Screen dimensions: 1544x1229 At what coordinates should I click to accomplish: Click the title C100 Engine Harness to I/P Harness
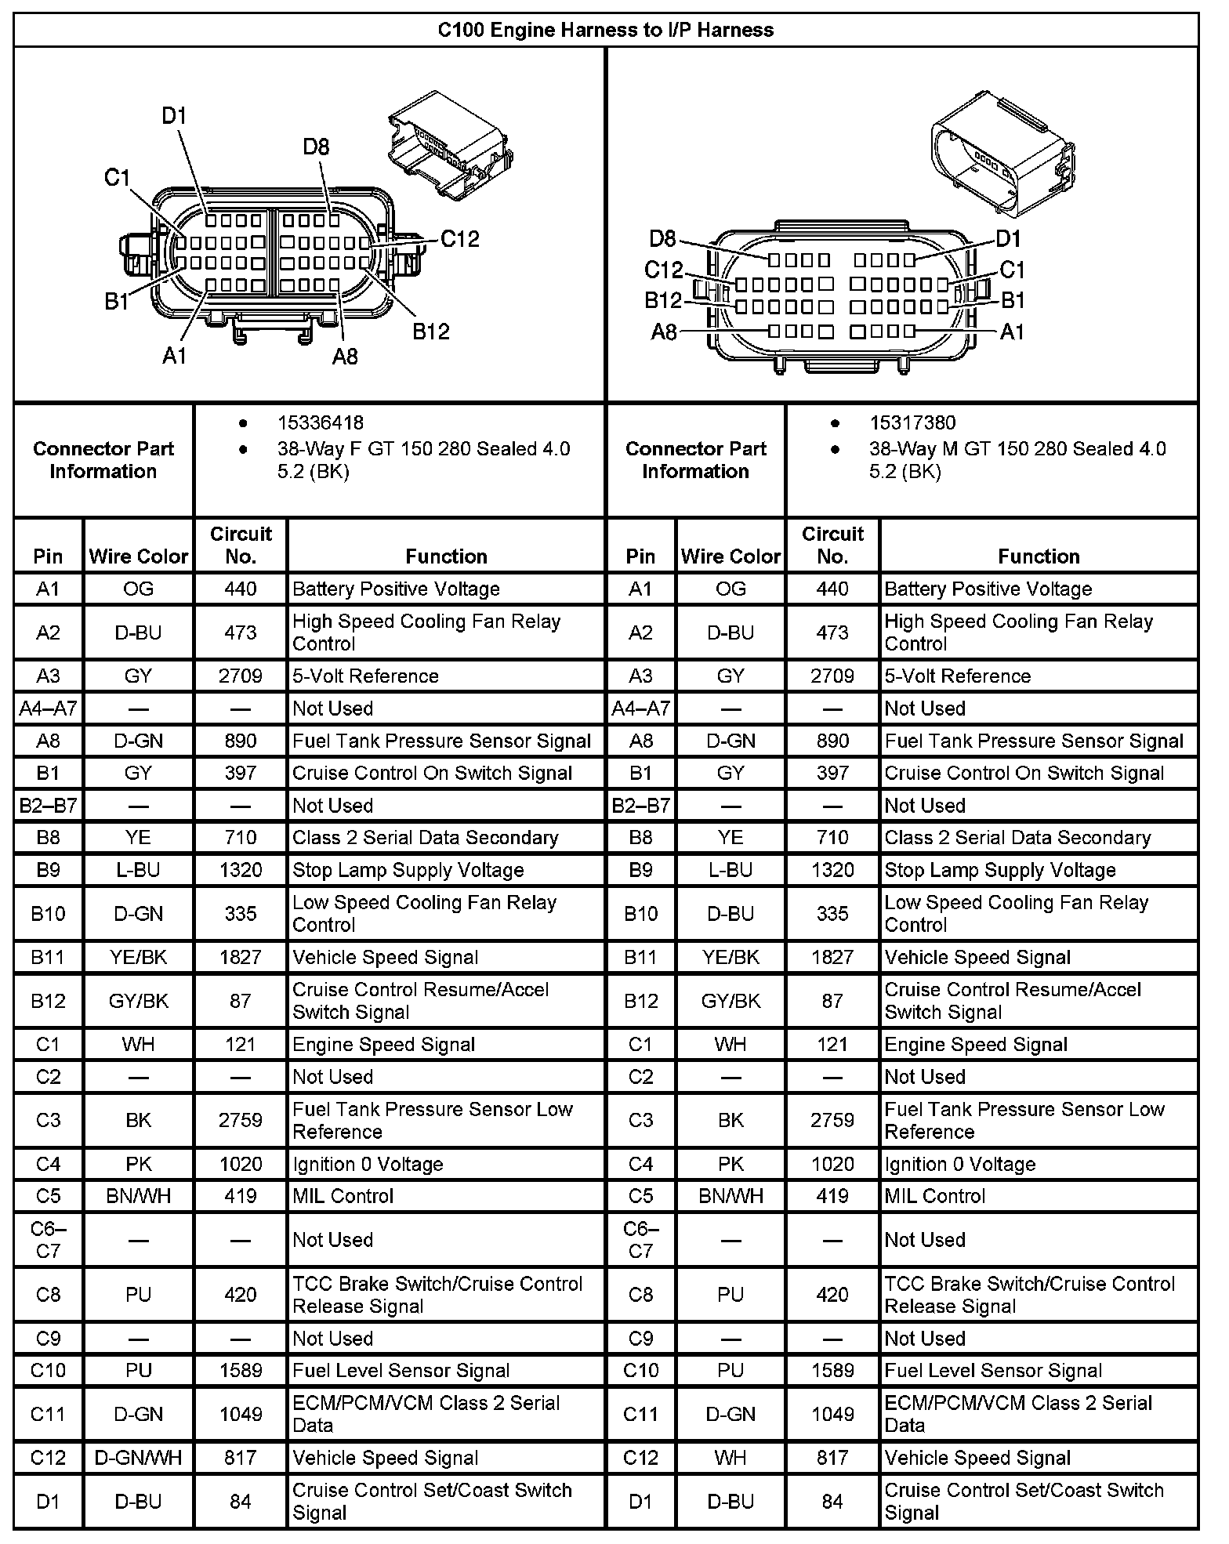pos(605,30)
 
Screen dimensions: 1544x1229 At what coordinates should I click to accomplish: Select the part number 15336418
pos(320,423)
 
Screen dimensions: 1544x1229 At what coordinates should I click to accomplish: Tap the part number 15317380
pos(912,423)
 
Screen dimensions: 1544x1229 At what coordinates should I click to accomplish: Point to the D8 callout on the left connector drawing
pos(316,147)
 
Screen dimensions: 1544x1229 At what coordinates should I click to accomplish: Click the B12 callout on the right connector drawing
pos(663,300)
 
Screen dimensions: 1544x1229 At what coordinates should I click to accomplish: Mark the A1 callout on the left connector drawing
pos(174,355)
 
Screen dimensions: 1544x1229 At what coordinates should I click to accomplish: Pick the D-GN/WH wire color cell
pos(138,1458)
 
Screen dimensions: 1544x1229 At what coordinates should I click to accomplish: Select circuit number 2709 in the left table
pos(240,676)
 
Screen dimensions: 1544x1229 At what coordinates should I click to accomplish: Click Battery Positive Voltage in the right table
pos(988,589)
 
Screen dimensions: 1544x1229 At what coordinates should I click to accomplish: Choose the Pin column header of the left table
pos(48,556)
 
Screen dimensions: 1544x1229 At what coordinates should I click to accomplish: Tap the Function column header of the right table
pos(1039,556)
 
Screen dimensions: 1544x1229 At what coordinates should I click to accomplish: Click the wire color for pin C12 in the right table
pos(730,1458)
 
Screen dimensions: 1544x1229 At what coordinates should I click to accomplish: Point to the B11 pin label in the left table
pos(48,957)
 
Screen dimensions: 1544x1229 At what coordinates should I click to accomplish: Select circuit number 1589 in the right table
pos(832,1370)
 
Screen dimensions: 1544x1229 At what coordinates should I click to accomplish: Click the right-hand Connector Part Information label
pos(695,460)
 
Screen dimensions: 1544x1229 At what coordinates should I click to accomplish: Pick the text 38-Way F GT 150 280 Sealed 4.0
pos(423,449)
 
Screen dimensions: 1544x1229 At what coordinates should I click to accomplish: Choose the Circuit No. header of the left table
pos(240,545)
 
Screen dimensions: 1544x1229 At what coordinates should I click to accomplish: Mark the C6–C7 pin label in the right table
pos(640,1240)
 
